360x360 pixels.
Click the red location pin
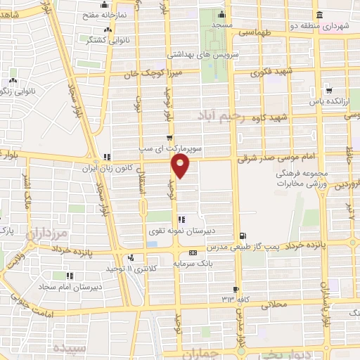pos(181,165)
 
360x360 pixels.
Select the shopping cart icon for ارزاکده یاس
pos(328,91)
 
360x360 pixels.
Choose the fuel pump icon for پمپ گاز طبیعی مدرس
pos(243,236)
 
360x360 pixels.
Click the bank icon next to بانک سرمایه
pos(192,253)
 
